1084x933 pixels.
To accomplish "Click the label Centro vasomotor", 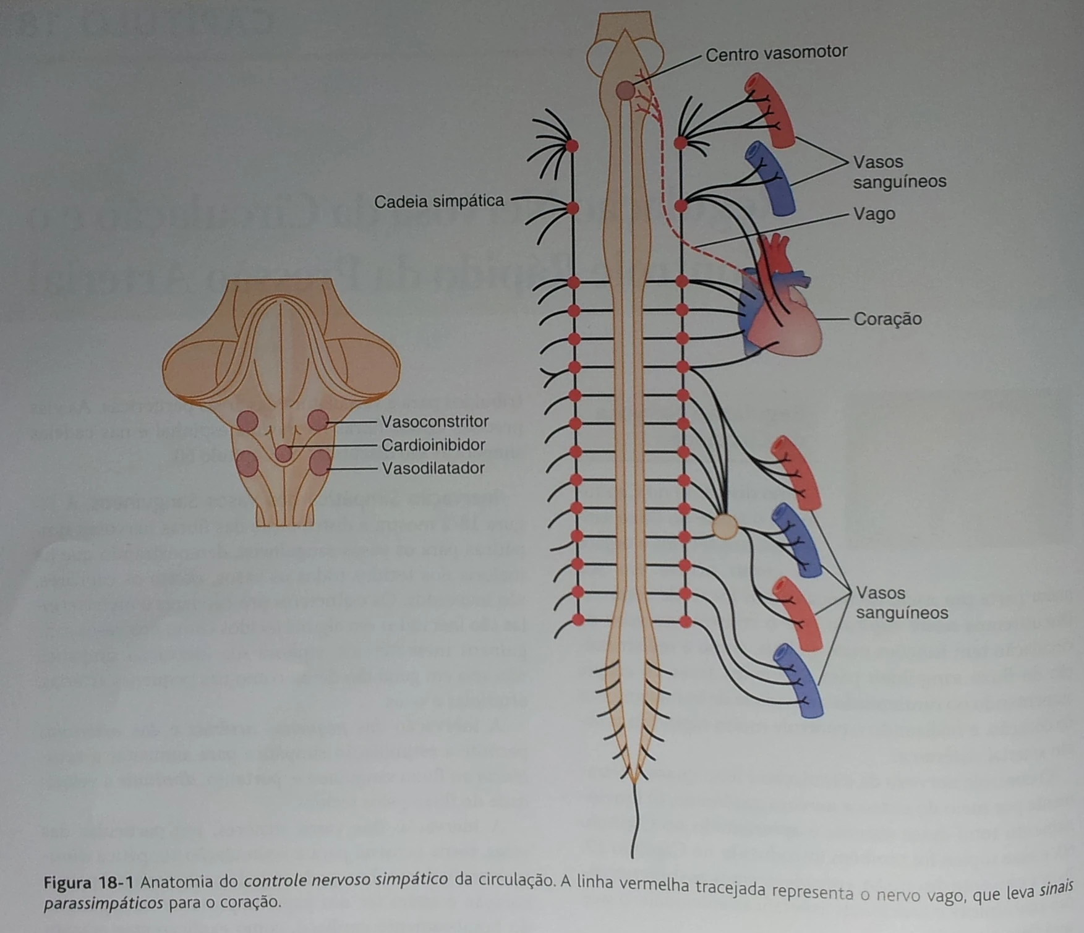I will pyautogui.click(x=776, y=54).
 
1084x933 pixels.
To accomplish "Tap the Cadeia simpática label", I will pyautogui.click(x=439, y=202).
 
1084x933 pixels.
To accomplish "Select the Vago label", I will pyautogui.click(x=874, y=215).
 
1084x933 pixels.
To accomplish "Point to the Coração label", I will pyautogui.click(x=887, y=319).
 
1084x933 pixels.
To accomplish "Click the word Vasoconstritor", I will pyautogui.click(x=435, y=422).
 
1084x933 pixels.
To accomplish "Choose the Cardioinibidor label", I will pyautogui.click(x=433, y=445).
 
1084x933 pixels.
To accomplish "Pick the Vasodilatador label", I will pyautogui.click(x=433, y=469).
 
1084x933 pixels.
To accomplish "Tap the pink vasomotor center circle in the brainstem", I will pyautogui.click(x=625, y=91).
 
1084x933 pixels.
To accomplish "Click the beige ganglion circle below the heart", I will pyautogui.click(x=725, y=527).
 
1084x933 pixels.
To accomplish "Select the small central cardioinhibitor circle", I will pyautogui.click(x=283, y=453).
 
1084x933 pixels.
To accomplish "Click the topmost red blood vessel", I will pyautogui.click(x=770, y=110).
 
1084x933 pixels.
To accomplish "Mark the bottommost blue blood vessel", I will pyautogui.click(x=800, y=681).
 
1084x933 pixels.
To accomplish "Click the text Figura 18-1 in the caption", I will pyautogui.click(x=93, y=882).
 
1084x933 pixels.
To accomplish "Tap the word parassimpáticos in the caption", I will pyautogui.click(x=104, y=903).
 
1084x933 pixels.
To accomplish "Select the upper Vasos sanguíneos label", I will pyautogui.click(x=899, y=172).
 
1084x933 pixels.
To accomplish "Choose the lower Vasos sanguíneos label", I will pyautogui.click(x=902, y=603).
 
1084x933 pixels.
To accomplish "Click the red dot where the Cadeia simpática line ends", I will pyautogui.click(x=573, y=208).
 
